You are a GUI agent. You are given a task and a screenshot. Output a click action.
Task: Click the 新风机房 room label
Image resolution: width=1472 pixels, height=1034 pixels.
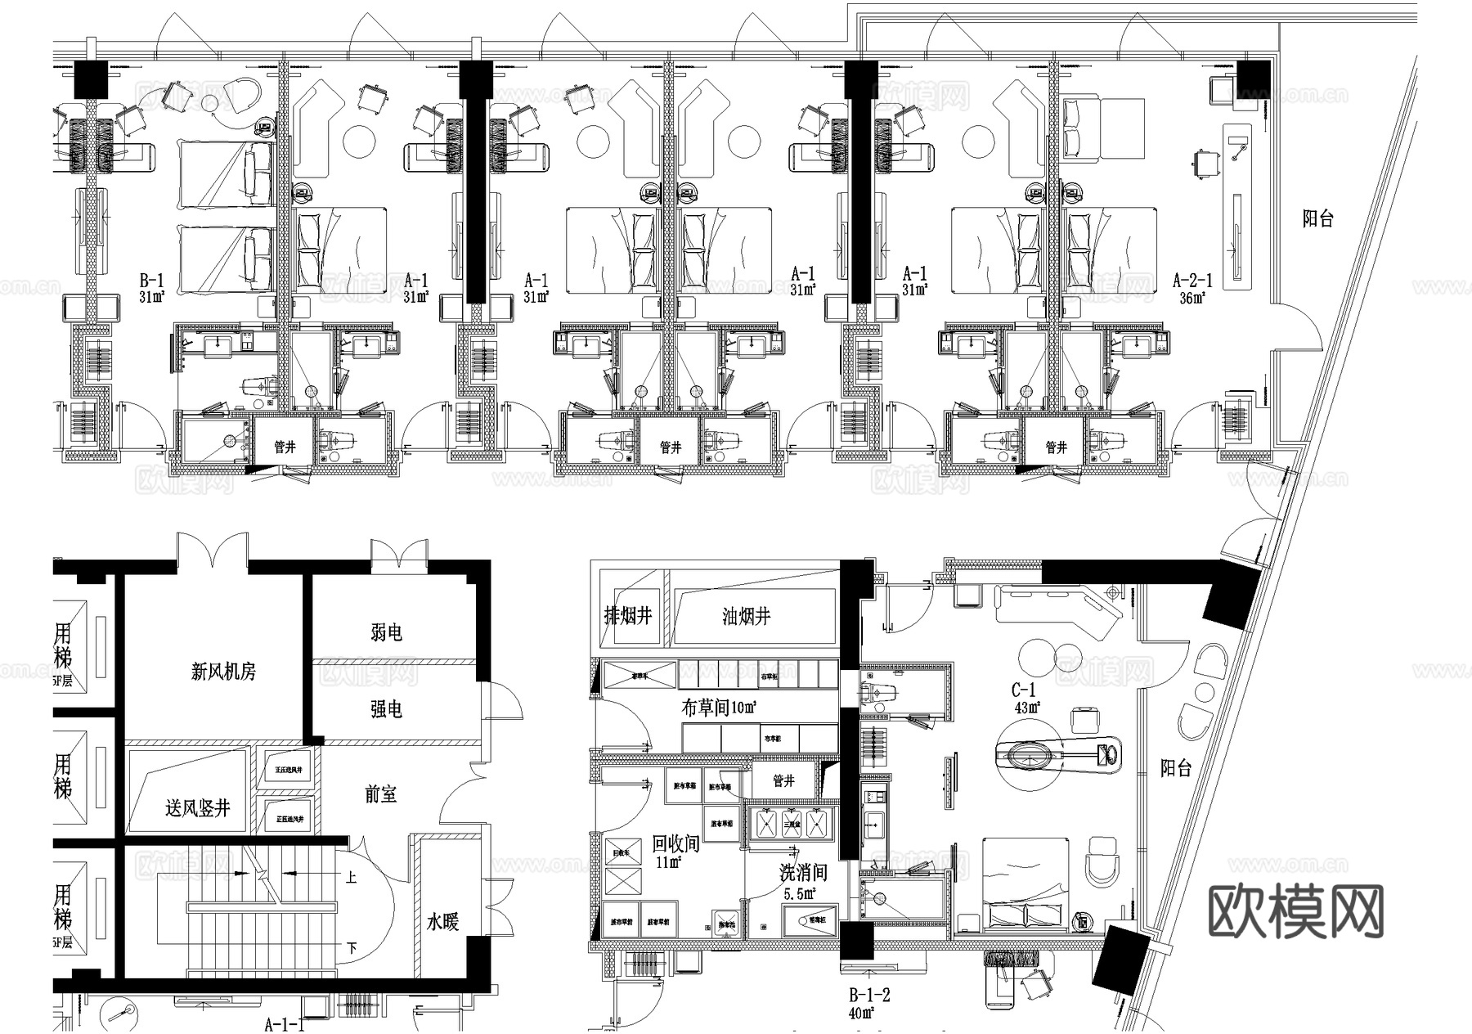pos(223,672)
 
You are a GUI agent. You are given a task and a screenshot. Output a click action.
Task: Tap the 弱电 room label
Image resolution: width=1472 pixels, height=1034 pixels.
pos(386,632)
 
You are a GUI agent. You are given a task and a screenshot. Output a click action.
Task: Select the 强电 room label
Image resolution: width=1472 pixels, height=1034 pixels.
pos(386,709)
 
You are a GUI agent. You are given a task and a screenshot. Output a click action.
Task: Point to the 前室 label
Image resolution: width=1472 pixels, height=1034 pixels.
pos(380,794)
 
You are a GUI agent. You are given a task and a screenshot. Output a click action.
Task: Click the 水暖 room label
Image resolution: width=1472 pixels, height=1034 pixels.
pos(442,922)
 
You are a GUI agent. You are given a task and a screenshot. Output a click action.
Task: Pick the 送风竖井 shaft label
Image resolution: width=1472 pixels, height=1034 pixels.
pos(197,808)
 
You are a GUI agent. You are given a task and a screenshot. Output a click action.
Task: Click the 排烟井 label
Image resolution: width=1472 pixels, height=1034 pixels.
pos(628,615)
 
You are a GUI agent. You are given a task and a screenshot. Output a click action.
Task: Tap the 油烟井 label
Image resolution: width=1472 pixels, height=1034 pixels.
pos(746,616)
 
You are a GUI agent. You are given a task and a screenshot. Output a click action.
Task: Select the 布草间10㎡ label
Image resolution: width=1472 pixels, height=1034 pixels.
pos(719,708)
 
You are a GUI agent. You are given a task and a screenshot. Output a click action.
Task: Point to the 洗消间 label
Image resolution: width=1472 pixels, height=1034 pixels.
pos(803,873)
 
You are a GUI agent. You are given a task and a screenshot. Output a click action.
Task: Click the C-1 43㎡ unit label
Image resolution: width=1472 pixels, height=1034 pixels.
pos(1024,699)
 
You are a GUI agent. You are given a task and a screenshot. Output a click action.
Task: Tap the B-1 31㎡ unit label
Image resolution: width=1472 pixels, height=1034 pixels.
pos(152,289)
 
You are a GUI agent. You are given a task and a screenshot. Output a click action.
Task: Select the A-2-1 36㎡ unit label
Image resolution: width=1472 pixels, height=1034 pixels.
pos(1192,289)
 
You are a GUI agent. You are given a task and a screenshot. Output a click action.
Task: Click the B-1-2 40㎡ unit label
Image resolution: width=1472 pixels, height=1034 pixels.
pos(868,1004)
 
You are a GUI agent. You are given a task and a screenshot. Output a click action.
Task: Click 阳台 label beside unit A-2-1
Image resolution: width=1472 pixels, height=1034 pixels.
pos(1317,218)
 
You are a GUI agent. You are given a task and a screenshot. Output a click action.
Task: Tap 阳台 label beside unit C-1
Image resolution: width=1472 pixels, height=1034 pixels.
pos(1176,767)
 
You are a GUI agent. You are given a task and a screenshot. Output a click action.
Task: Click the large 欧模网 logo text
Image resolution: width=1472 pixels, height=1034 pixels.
pos(1295,911)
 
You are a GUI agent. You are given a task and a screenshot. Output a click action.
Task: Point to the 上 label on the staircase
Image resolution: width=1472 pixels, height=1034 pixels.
pos(351,878)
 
